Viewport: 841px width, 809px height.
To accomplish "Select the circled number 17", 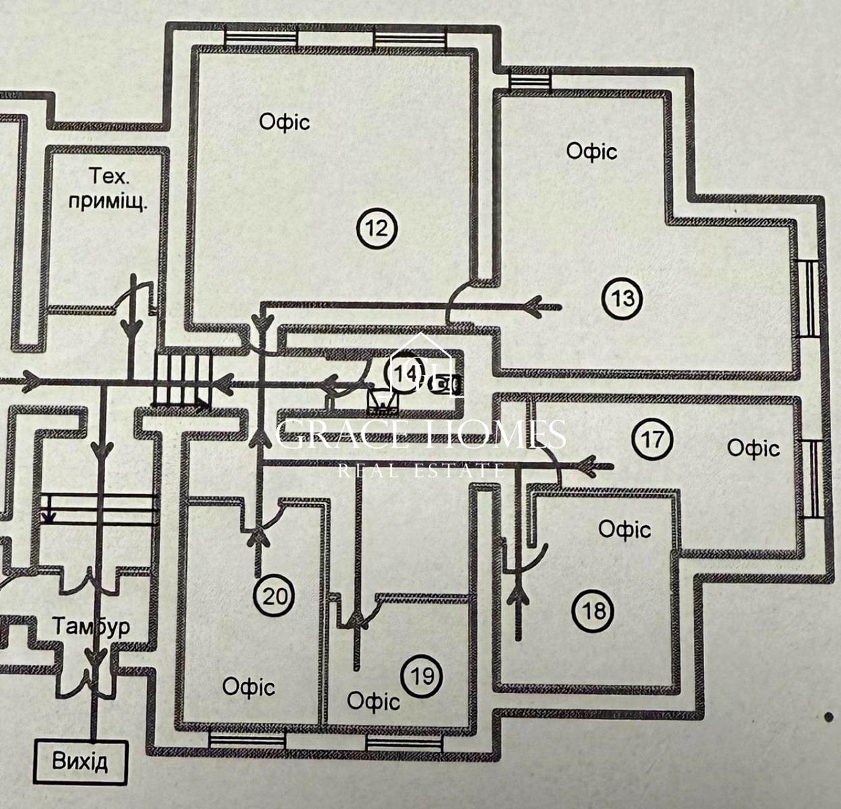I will pos(653,440).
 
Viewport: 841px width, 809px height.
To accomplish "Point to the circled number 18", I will pos(593,611).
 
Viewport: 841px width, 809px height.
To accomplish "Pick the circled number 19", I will pos(422,675).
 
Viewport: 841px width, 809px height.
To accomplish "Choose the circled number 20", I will pos(275,596).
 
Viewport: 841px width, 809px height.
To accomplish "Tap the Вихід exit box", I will pos(80,762).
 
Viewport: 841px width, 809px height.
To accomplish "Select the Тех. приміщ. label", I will pos(109,189).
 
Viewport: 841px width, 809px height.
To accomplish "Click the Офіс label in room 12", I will pos(285,122).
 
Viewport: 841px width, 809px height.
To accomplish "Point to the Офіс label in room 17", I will pos(753,448).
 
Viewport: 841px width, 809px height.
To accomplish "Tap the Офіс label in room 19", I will pos(373,701).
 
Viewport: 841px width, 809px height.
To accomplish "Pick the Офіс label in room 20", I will pos(249,687).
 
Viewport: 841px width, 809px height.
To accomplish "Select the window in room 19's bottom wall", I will pos(404,742).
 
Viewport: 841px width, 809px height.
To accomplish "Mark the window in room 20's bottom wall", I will pos(247,740).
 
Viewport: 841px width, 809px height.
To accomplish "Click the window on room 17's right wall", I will pos(814,478).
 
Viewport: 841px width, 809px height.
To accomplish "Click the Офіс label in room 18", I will pos(625,529).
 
